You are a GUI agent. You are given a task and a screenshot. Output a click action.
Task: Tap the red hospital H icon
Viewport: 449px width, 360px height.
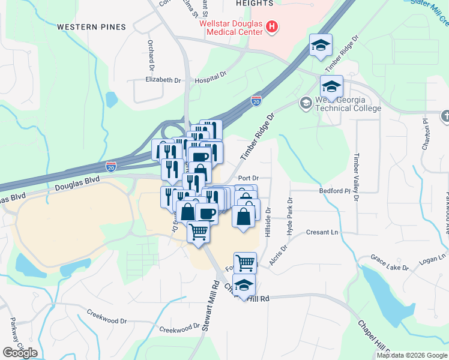[272, 27]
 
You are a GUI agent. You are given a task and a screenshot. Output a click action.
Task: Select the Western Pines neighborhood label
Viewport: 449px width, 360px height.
[92, 27]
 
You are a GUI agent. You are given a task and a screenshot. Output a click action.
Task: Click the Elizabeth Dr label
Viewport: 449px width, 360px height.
[163, 80]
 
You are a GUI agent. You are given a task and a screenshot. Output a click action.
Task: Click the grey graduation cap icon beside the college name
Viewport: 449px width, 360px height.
[306, 103]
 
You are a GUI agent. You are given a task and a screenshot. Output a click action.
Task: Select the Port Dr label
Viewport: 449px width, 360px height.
[248, 178]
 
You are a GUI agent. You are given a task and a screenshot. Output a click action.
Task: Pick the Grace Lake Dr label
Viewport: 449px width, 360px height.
[390, 262]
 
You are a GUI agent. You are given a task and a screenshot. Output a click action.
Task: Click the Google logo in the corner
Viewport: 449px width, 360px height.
[20, 353]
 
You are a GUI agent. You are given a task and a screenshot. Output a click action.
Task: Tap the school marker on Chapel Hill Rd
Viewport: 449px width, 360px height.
[244, 286]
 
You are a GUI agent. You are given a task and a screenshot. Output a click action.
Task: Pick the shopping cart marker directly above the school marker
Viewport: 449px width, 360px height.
[245, 262]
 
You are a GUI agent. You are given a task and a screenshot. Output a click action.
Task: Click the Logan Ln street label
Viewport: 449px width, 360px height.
[433, 257]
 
